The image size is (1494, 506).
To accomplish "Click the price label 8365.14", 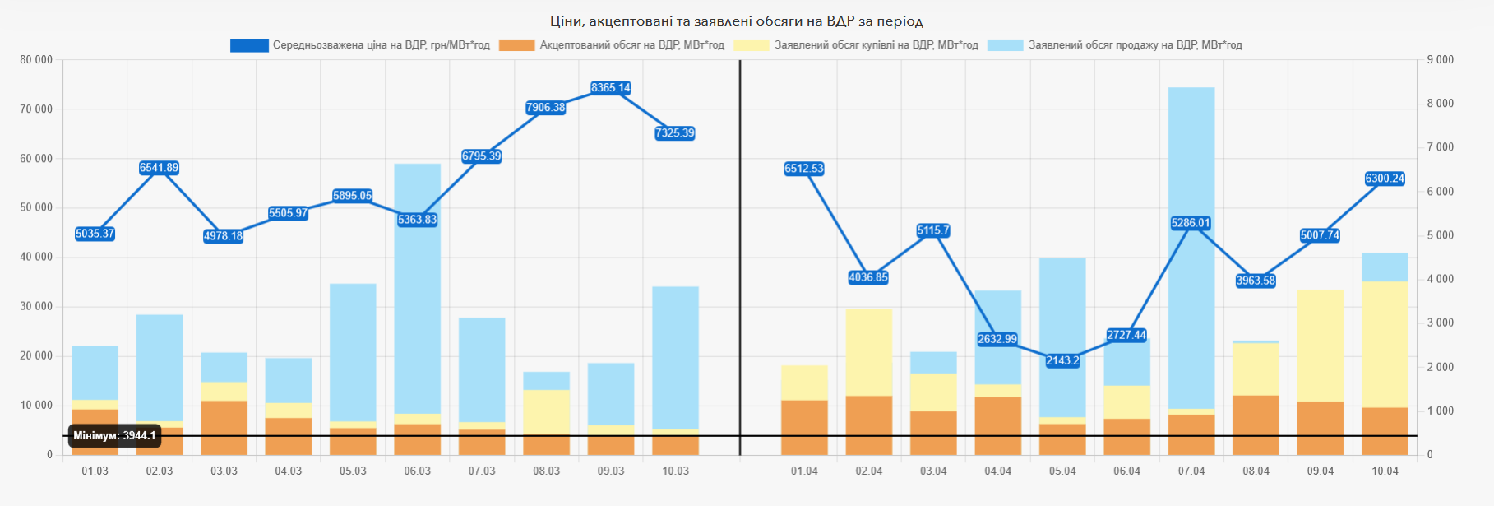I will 610,88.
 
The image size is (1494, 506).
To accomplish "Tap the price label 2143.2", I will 1062,360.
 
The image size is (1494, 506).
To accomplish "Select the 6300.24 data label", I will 1385,179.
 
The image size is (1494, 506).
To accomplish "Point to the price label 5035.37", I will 95,234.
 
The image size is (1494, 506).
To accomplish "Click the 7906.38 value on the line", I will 546,108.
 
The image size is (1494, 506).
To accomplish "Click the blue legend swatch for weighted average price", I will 249,45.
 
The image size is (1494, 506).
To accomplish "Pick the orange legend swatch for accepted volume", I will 516,45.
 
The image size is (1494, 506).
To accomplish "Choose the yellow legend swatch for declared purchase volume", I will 751,45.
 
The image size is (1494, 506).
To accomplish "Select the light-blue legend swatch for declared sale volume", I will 1005,45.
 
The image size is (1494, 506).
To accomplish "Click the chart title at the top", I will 736,21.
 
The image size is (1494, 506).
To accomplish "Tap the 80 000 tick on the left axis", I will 36,60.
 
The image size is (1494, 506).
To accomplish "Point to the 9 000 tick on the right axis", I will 1440,60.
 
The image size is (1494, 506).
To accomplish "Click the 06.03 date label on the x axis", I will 417,471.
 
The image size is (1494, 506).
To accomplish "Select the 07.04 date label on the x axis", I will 1191,471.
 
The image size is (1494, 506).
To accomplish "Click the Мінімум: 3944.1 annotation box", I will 114,436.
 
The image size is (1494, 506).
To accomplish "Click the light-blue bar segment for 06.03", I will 417,288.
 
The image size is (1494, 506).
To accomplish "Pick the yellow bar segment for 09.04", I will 1320,346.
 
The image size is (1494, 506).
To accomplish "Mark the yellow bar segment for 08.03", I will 546,411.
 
